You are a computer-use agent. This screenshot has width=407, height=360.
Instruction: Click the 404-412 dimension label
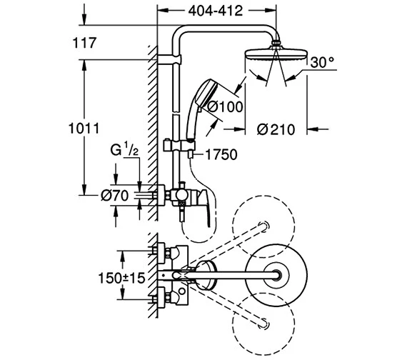coord(216,11)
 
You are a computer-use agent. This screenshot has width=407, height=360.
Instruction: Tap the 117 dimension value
coord(84,43)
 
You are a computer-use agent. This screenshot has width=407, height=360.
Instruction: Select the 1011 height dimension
coord(84,129)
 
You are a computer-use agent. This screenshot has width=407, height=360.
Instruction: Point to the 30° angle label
coord(322,62)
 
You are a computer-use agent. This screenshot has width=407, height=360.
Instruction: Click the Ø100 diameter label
coord(225,106)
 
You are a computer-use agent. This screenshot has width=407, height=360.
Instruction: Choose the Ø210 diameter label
coord(276,129)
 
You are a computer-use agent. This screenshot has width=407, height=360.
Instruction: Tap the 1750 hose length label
coord(221,154)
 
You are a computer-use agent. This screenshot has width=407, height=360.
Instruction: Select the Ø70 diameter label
coord(114,196)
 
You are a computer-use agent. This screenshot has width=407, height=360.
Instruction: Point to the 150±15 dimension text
coord(121,278)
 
